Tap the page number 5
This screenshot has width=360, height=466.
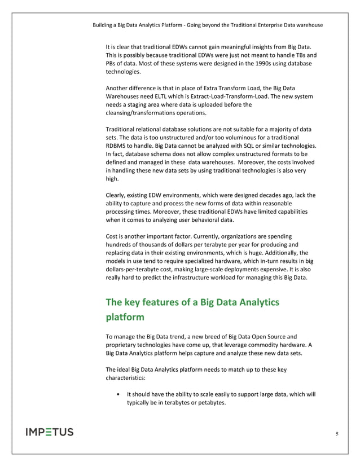click(x=337, y=434)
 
